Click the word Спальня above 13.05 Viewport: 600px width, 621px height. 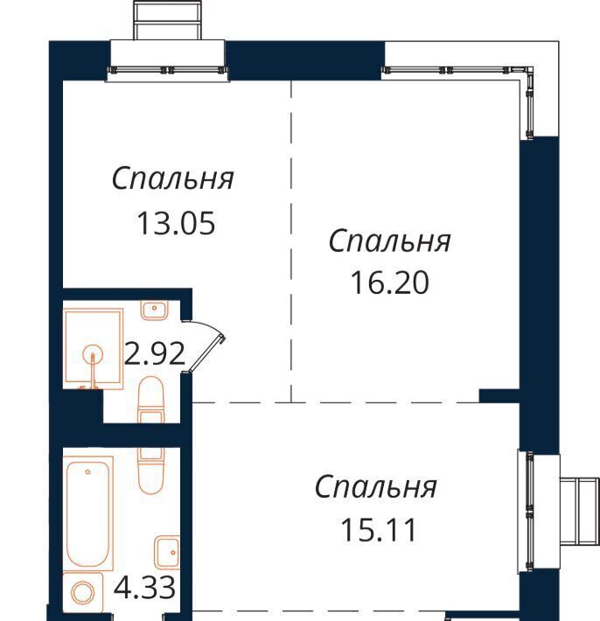pyautogui.click(x=172, y=179)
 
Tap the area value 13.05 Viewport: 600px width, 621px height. pyautogui.click(x=176, y=223)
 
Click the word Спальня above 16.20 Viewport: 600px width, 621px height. pyautogui.click(x=390, y=241)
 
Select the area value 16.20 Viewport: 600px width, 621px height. pyautogui.click(x=390, y=283)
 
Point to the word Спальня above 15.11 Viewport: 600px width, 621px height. pyautogui.click(x=376, y=486)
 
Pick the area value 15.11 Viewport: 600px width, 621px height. pyautogui.click(x=379, y=529)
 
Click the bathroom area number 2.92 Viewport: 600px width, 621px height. pyautogui.click(x=155, y=353)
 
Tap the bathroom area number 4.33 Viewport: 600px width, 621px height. pyautogui.click(x=144, y=588)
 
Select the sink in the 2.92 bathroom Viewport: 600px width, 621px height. pyautogui.click(x=155, y=310)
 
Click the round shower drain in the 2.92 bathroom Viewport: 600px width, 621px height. pyautogui.click(x=93, y=353)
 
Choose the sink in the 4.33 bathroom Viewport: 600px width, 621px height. pyautogui.click(x=167, y=553)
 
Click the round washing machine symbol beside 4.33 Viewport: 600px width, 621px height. pyautogui.click(x=82, y=593)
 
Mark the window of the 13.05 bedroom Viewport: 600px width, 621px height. pyautogui.click(x=168, y=71)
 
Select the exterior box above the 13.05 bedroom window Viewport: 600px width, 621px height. pyautogui.click(x=167, y=20)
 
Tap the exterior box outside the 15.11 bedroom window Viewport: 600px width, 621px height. pyautogui.click(x=579, y=512)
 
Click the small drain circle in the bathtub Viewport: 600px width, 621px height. pyautogui.click(x=88, y=472)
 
